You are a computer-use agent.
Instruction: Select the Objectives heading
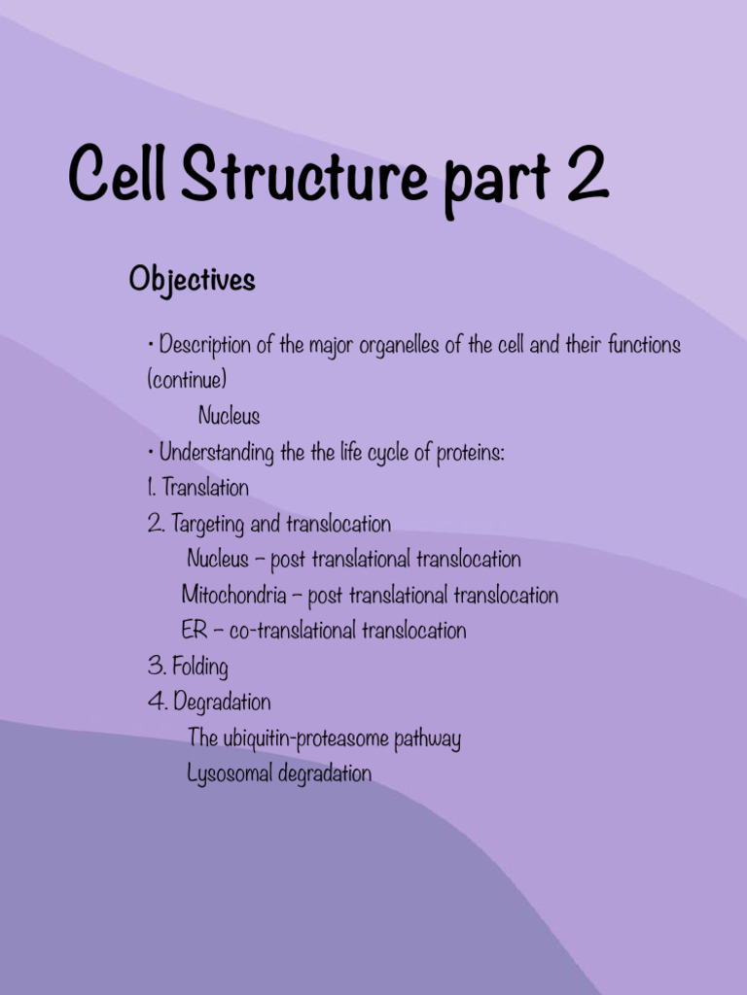[192, 281]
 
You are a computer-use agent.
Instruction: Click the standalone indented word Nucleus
[229, 416]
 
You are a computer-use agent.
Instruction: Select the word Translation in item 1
[205, 488]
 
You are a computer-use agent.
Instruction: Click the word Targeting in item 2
[208, 525]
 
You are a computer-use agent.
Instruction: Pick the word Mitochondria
[233, 595]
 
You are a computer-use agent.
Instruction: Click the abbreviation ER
[194, 631]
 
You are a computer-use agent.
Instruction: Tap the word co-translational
[293, 631]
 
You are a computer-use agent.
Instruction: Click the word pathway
[427, 739]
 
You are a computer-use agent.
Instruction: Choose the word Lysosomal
[230, 774]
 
